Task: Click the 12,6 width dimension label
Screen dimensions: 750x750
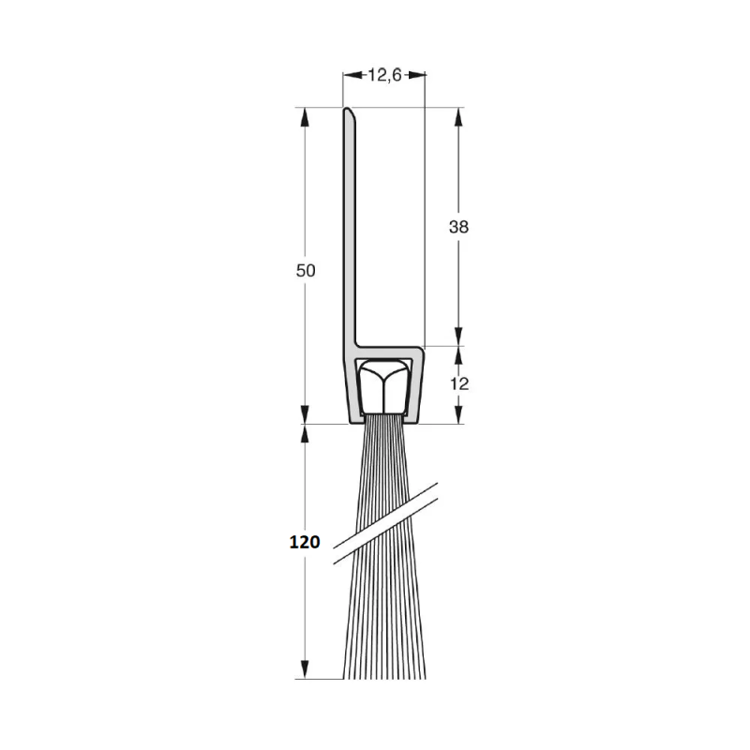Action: (384, 75)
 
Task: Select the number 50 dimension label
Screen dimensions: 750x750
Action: (306, 271)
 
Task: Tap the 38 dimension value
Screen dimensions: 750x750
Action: (458, 227)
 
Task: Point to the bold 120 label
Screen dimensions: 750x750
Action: (305, 542)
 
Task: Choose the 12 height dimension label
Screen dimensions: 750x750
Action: (459, 383)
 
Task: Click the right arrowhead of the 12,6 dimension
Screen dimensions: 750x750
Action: (416, 75)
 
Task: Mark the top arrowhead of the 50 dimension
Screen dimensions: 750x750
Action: (304, 116)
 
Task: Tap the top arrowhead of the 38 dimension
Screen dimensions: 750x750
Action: (458, 116)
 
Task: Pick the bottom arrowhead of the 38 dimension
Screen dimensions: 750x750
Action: (458, 337)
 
